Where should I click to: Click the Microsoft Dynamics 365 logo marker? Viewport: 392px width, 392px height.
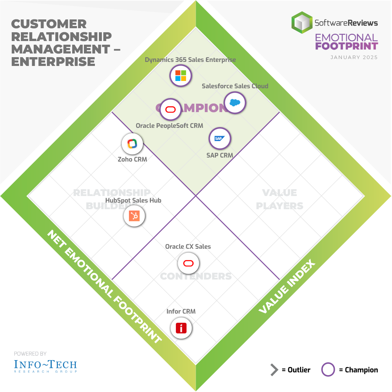click(x=181, y=76)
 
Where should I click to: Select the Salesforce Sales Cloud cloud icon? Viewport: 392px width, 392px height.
click(x=234, y=103)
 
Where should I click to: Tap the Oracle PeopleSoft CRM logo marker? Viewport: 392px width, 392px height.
click(x=171, y=110)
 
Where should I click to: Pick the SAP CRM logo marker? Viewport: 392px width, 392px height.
click(x=220, y=138)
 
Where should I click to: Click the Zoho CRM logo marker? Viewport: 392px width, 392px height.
click(x=132, y=144)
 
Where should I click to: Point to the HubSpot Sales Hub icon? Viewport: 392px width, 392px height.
click(x=134, y=216)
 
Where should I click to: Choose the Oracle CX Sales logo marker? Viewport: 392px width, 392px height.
click(x=188, y=263)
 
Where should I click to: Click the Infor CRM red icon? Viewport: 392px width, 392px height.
click(x=181, y=328)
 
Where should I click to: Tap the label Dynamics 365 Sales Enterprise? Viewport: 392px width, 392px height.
click(x=190, y=60)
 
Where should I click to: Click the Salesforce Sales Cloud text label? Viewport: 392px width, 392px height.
click(x=235, y=86)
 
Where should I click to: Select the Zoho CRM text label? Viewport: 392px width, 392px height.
click(x=132, y=159)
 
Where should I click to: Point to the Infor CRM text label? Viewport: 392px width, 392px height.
click(x=181, y=311)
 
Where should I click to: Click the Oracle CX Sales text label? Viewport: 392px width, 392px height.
click(x=188, y=247)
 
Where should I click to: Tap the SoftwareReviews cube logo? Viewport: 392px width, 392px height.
click(x=302, y=22)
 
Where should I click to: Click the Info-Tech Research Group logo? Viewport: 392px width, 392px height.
click(x=45, y=365)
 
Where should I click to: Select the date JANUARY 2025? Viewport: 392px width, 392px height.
click(x=354, y=58)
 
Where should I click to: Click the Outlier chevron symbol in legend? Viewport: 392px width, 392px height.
click(x=274, y=370)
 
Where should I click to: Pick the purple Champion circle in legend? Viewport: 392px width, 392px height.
click(x=328, y=370)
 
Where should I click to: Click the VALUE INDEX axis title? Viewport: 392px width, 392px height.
click(x=287, y=287)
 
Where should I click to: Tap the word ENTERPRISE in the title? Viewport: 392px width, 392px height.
click(x=53, y=61)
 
